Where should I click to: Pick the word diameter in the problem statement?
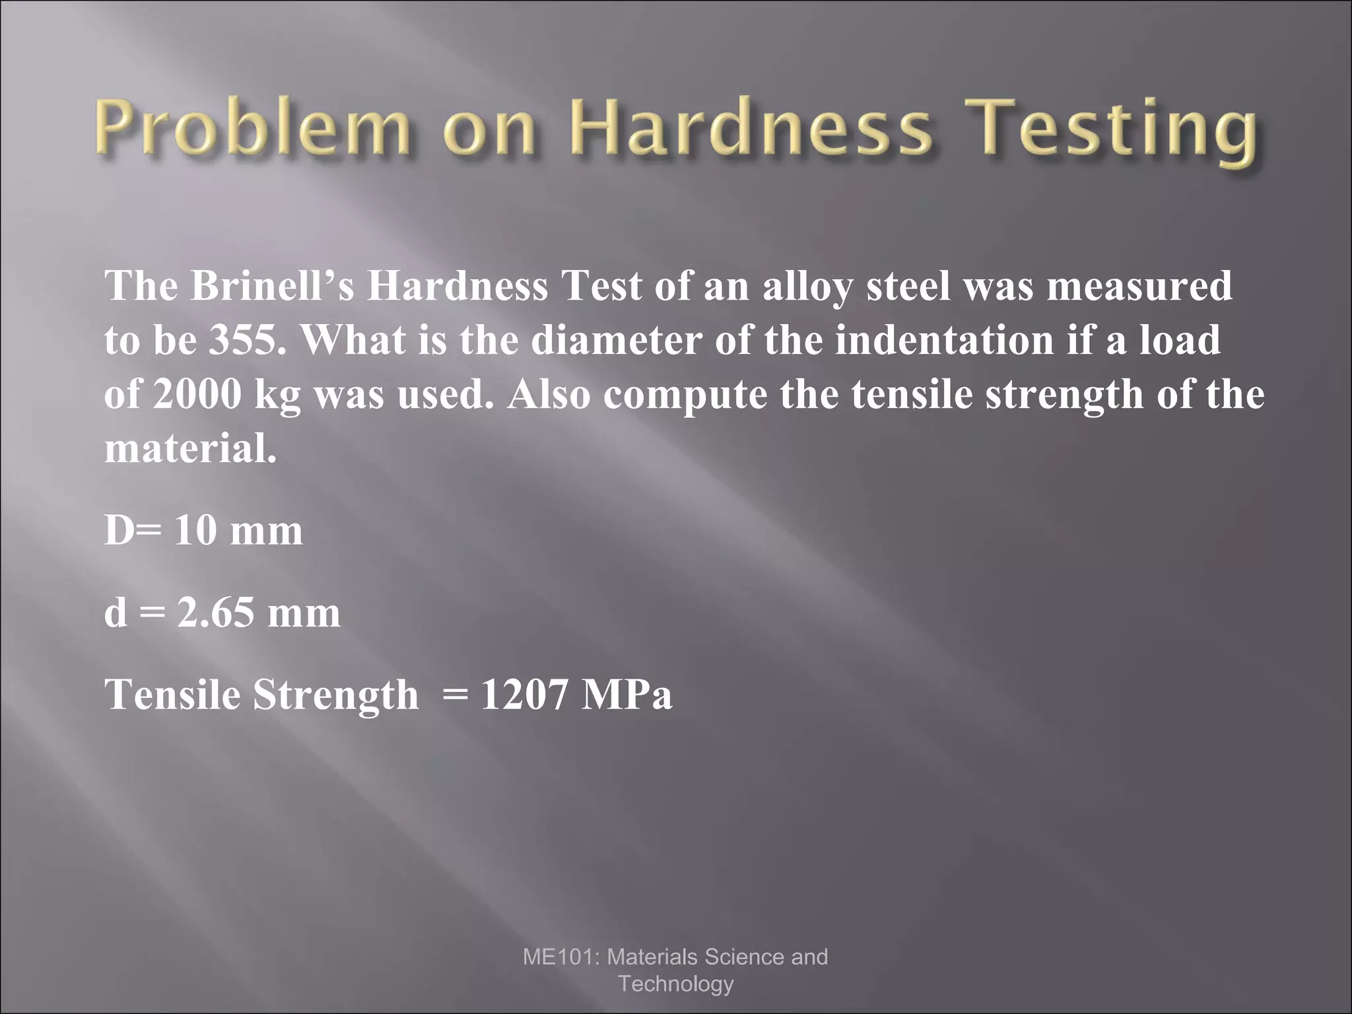click(x=617, y=340)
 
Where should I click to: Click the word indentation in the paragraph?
click(x=944, y=340)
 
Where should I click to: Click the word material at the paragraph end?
click(x=190, y=449)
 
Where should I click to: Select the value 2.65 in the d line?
click(x=216, y=613)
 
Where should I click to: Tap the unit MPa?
click(x=626, y=695)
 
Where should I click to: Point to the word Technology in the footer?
click(x=675, y=984)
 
